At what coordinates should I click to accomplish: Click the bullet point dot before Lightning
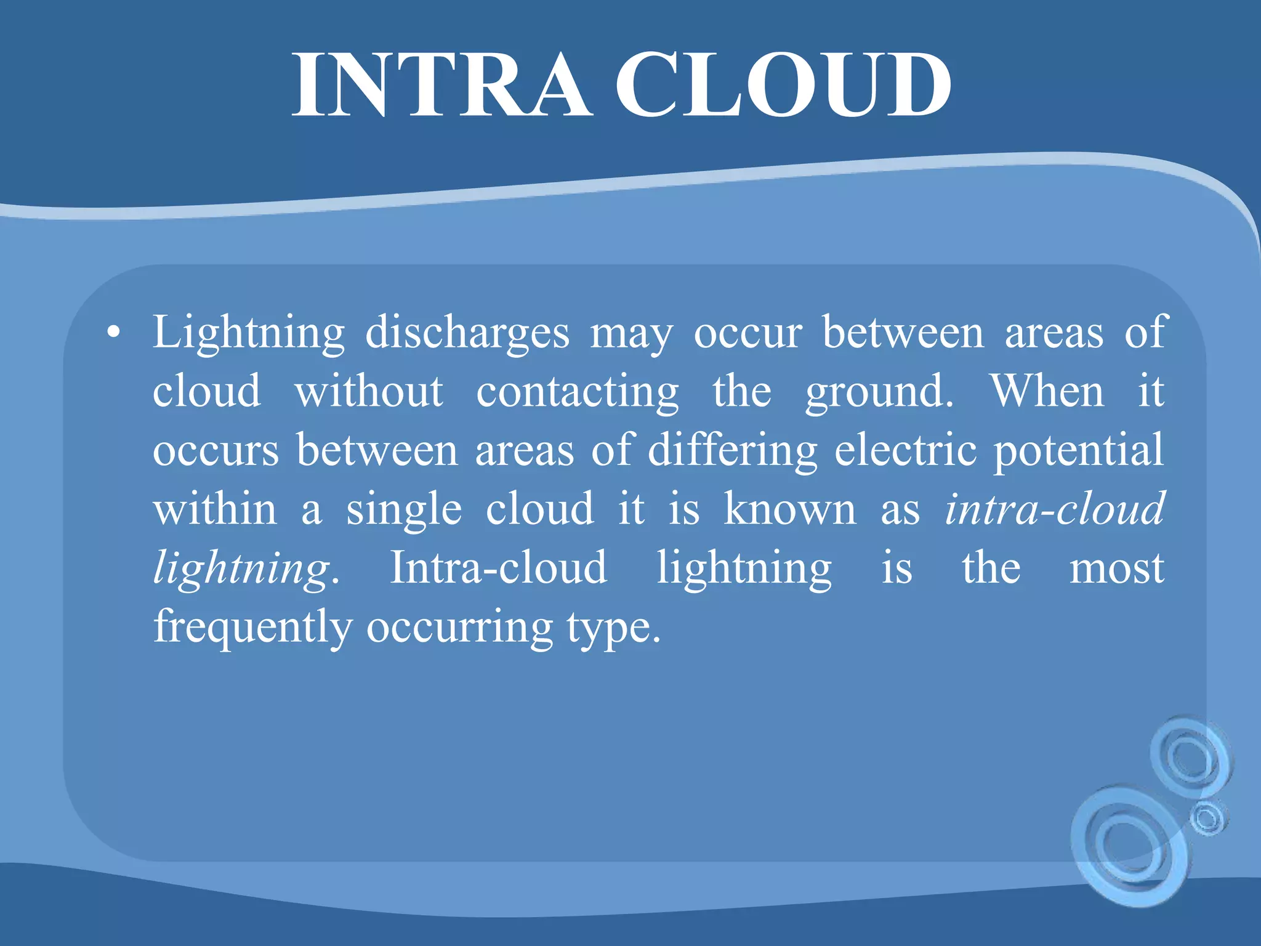pyautogui.click(x=113, y=333)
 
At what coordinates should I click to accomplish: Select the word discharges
pyautogui.click(x=467, y=333)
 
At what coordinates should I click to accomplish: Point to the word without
pyautogui.click(x=369, y=392)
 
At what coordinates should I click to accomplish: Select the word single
pyautogui.click(x=404, y=510)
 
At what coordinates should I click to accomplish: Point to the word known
pyautogui.click(x=790, y=509)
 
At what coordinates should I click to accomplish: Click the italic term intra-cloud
pyautogui.click(x=1055, y=509)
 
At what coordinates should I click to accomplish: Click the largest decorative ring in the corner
pyautogui.click(x=1130, y=844)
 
